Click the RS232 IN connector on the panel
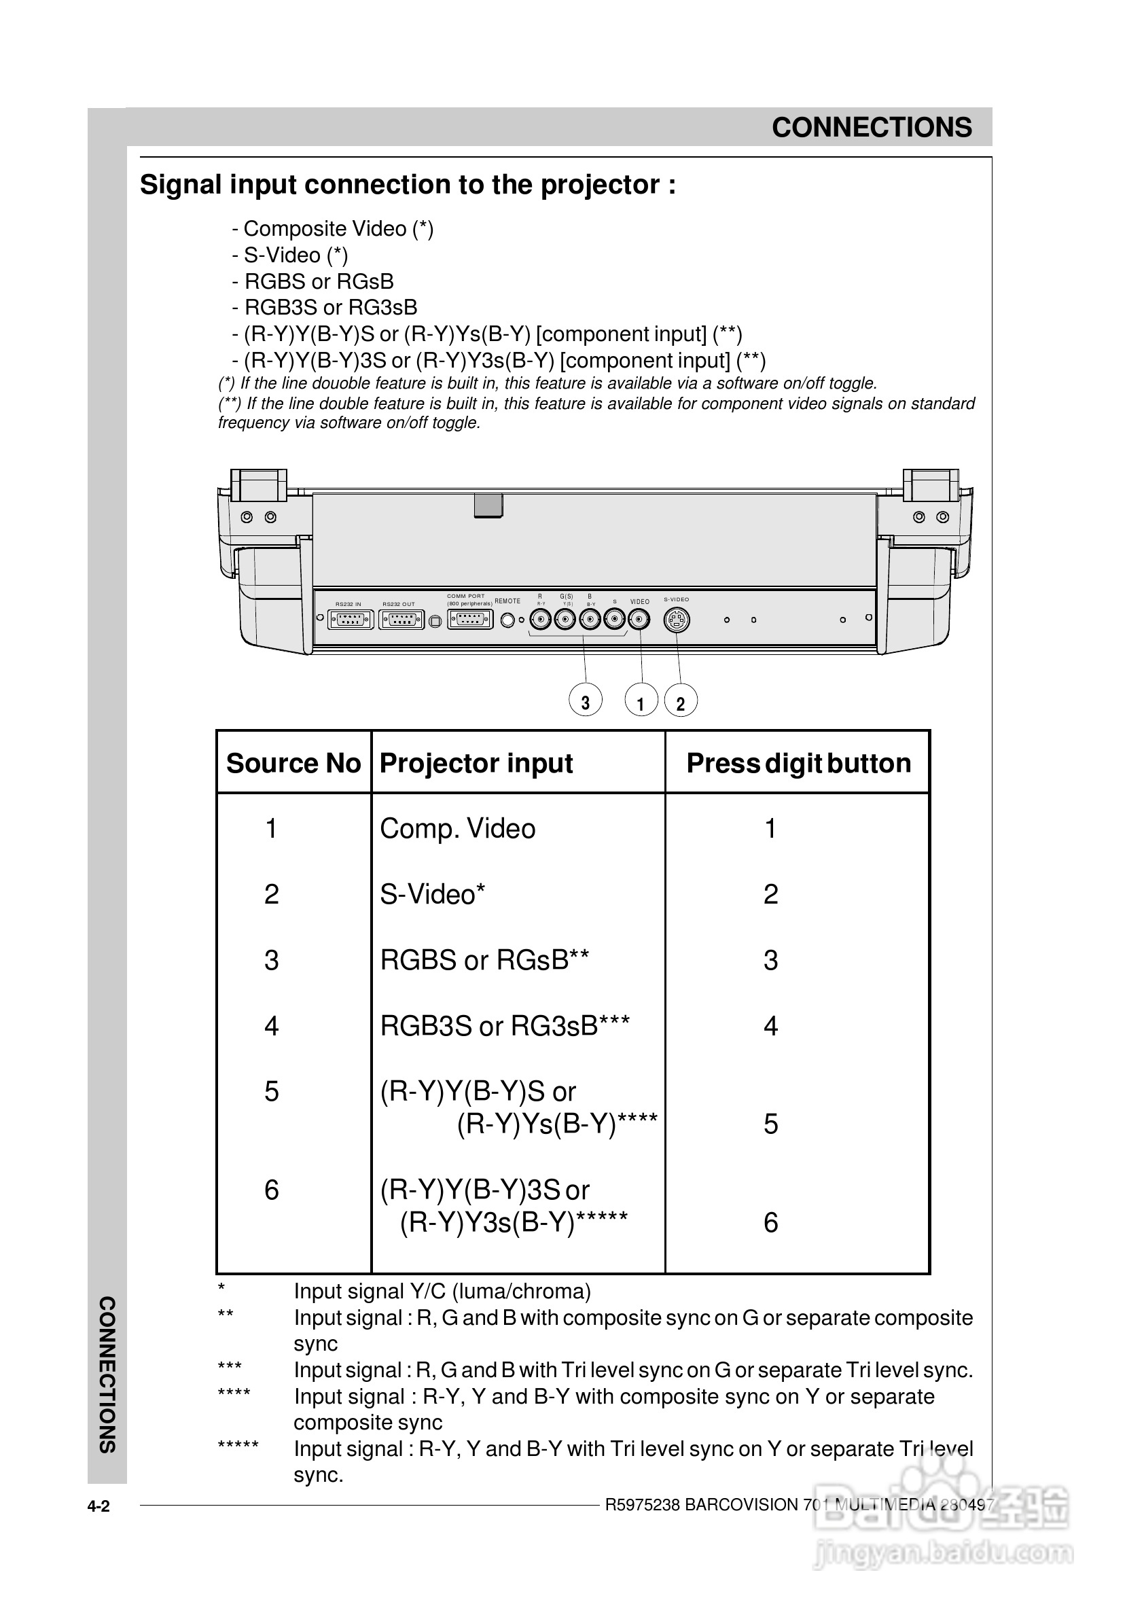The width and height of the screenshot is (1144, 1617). coord(350,620)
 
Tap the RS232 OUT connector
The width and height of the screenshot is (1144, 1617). coord(401,620)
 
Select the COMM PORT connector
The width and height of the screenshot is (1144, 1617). coord(470,620)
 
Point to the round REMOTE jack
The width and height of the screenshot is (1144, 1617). coord(507,620)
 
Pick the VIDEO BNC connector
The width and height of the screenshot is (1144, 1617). coord(639,620)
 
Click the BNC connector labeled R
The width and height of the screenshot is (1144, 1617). coord(541,620)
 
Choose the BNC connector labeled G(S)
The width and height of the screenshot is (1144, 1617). coord(565,620)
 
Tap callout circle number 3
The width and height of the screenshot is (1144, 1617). coord(586,701)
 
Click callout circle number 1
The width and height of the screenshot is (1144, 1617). coord(641,702)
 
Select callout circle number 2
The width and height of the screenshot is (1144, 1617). coord(681,702)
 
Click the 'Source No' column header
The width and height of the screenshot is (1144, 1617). coord(293,763)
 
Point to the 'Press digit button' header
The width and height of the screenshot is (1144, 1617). coord(798,763)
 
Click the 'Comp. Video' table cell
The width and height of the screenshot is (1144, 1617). coord(458,829)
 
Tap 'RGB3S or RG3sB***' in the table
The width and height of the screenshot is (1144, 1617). coord(505,1026)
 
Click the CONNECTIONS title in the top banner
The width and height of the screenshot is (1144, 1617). coord(872,128)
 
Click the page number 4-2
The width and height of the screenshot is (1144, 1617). coord(99,1507)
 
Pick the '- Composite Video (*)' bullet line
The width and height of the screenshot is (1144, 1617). coord(332,229)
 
